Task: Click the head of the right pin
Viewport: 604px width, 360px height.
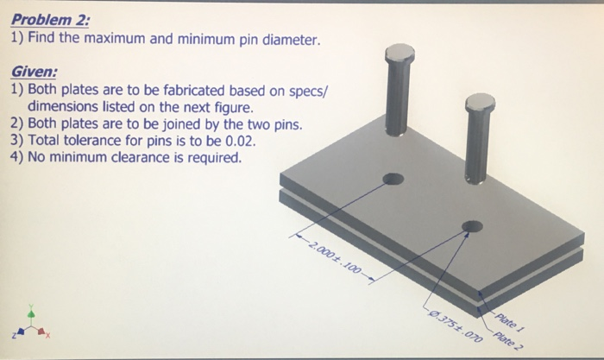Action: (480, 105)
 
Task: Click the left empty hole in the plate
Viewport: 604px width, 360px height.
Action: (393, 180)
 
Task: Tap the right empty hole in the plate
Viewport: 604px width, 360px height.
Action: (472, 227)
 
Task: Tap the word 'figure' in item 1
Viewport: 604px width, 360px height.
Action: (233, 108)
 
